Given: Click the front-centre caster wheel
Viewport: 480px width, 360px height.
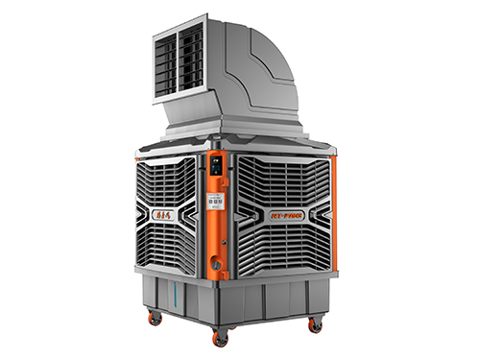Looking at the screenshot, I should click(221, 337).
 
